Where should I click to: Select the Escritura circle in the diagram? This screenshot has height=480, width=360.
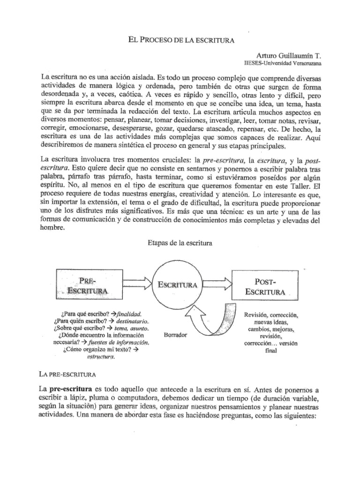click(x=180, y=285)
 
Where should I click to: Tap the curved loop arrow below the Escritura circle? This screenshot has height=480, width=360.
click(x=216, y=323)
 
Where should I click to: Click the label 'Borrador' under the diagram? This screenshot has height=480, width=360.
click(x=176, y=335)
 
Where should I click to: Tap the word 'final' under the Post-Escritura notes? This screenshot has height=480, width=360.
click(x=271, y=351)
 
